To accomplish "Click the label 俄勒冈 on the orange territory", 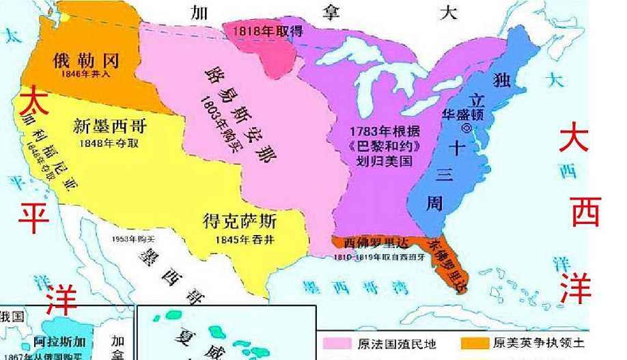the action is coord(87,61).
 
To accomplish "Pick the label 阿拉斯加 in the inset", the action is coord(60,343).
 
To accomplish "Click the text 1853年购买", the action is coord(133,240).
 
